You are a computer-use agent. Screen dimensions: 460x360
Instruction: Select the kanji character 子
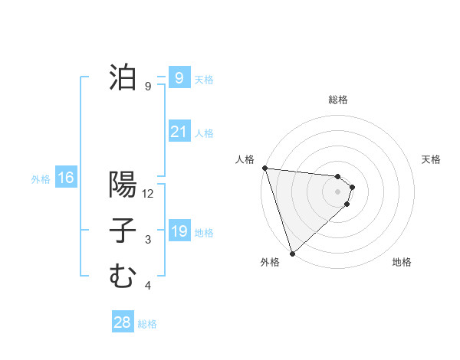123,231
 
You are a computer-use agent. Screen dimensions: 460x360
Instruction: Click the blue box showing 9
179,77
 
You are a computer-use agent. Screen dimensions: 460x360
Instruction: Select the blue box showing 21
179,132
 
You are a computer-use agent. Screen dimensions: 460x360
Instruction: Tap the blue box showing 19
179,231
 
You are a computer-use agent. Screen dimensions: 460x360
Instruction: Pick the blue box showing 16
65,178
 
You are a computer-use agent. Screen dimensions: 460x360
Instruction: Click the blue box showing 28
122,322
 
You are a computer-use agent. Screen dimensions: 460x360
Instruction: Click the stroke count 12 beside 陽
148,195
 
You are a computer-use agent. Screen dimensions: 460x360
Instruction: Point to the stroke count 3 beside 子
148,241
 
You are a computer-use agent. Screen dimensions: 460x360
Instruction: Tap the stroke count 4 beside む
148,286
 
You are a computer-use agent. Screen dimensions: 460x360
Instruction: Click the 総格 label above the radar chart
338,100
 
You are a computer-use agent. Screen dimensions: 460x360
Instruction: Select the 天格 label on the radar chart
432,159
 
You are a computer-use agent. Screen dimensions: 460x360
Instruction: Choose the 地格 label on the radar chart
402,262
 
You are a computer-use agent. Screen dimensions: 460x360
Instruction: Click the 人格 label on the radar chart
245,159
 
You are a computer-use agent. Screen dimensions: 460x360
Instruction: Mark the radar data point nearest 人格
264,168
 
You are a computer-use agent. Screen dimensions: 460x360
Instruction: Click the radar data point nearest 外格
292,252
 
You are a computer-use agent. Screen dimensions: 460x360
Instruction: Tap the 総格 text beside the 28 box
147,324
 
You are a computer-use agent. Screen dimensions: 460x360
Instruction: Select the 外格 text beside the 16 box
41,179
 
